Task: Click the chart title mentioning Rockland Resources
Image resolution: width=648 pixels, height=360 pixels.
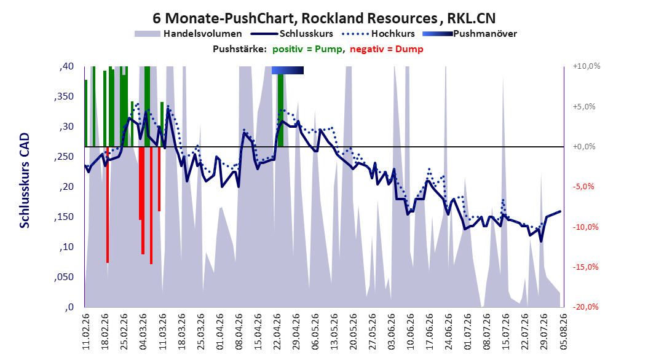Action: pyautogui.click(x=324, y=18)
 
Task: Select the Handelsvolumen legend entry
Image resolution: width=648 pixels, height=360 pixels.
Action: pyautogui.click(x=189, y=34)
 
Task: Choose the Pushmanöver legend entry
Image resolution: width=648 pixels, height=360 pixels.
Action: pyautogui.click(x=470, y=34)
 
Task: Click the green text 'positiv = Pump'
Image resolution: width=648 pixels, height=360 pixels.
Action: pyautogui.click(x=307, y=49)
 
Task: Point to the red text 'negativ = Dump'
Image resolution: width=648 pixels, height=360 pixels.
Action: pyautogui.click(x=387, y=49)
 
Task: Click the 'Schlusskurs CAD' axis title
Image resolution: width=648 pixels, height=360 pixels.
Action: pyautogui.click(x=25, y=181)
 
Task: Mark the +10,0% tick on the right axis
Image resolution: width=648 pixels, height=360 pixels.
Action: pyautogui.click(x=587, y=66)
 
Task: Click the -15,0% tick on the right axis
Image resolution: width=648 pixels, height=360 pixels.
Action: pyautogui.click(x=585, y=267)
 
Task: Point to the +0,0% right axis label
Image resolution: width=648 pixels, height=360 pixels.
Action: pyautogui.click(x=584, y=147)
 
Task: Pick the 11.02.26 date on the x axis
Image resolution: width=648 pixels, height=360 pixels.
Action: pyautogui.click(x=86, y=332)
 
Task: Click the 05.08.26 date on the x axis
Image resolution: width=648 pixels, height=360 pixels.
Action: pyautogui.click(x=563, y=332)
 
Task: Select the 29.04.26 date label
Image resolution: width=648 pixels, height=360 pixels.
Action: pyautogui.click(x=296, y=332)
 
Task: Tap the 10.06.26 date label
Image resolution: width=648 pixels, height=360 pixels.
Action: pyautogui.click(x=410, y=332)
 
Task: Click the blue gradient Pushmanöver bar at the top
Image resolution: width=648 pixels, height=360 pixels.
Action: pyautogui.click(x=288, y=70)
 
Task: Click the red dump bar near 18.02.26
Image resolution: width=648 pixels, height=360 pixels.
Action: pyautogui.click(x=108, y=205)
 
